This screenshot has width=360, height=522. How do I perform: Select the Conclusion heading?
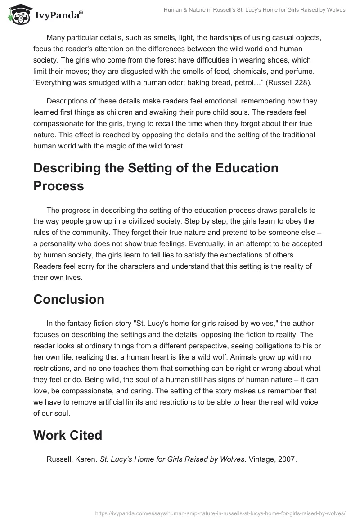(69, 299)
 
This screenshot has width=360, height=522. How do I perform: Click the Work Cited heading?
(67, 435)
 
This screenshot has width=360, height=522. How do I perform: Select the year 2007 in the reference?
(287, 459)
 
